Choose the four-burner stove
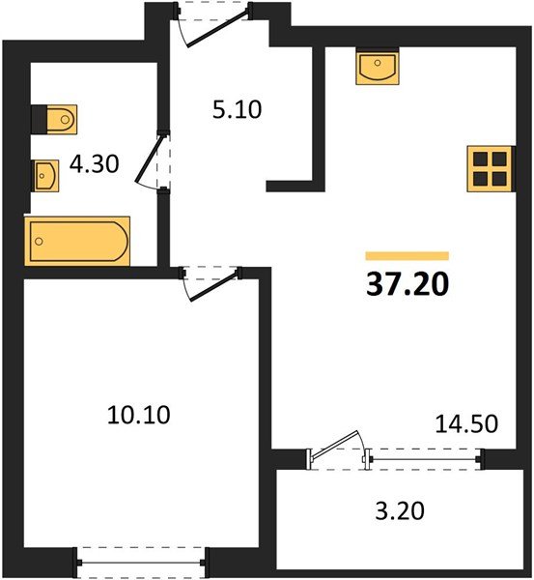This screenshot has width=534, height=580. coord(489,166)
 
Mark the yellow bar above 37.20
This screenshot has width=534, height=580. coord(408,255)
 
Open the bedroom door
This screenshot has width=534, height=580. coord(211,282)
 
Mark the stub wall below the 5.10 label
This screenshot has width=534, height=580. coord(293,183)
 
